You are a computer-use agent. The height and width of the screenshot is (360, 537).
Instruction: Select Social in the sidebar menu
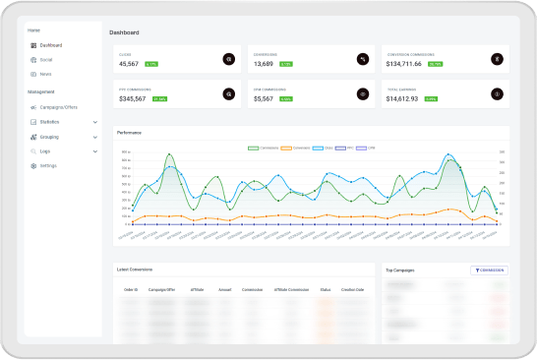pyautogui.click(x=46, y=59)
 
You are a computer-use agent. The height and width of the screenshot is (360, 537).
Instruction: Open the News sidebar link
pyautogui.click(x=45, y=74)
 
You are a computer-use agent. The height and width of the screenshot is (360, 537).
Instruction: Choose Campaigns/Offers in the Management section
pyautogui.click(x=59, y=106)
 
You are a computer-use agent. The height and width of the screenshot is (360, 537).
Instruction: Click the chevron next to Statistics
pyautogui.click(x=94, y=122)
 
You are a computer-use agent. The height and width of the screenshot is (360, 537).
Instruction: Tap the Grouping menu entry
pyautogui.click(x=49, y=137)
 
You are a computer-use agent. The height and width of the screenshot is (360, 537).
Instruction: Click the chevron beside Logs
pyautogui.click(x=94, y=151)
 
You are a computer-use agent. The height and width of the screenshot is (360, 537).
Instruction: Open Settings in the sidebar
pyautogui.click(x=48, y=165)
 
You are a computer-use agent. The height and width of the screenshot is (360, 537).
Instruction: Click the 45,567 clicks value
pyautogui.click(x=129, y=63)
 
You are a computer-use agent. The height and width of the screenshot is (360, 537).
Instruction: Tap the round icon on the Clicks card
pyautogui.click(x=229, y=59)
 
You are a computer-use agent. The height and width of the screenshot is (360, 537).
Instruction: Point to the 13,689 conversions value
pyautogui.click(x=264, y=63)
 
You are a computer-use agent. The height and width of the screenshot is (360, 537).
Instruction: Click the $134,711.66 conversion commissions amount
pyautogui.click(x=403, y=63)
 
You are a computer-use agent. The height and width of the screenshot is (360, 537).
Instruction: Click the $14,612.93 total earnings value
pyautogui.click(x=402, y=98)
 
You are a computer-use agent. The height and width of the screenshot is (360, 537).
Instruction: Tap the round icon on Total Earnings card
pyautogui.click(x=497, y=94)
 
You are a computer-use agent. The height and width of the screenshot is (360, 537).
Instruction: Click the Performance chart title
pyautogui.click(x=128, y=132)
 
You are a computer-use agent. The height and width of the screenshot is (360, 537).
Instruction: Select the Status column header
pyautogui.click(x=325, y=289)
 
